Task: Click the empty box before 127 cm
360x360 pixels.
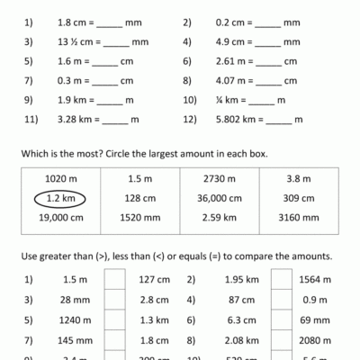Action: point(114,278)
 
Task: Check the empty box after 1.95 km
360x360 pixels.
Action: point(281,278)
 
